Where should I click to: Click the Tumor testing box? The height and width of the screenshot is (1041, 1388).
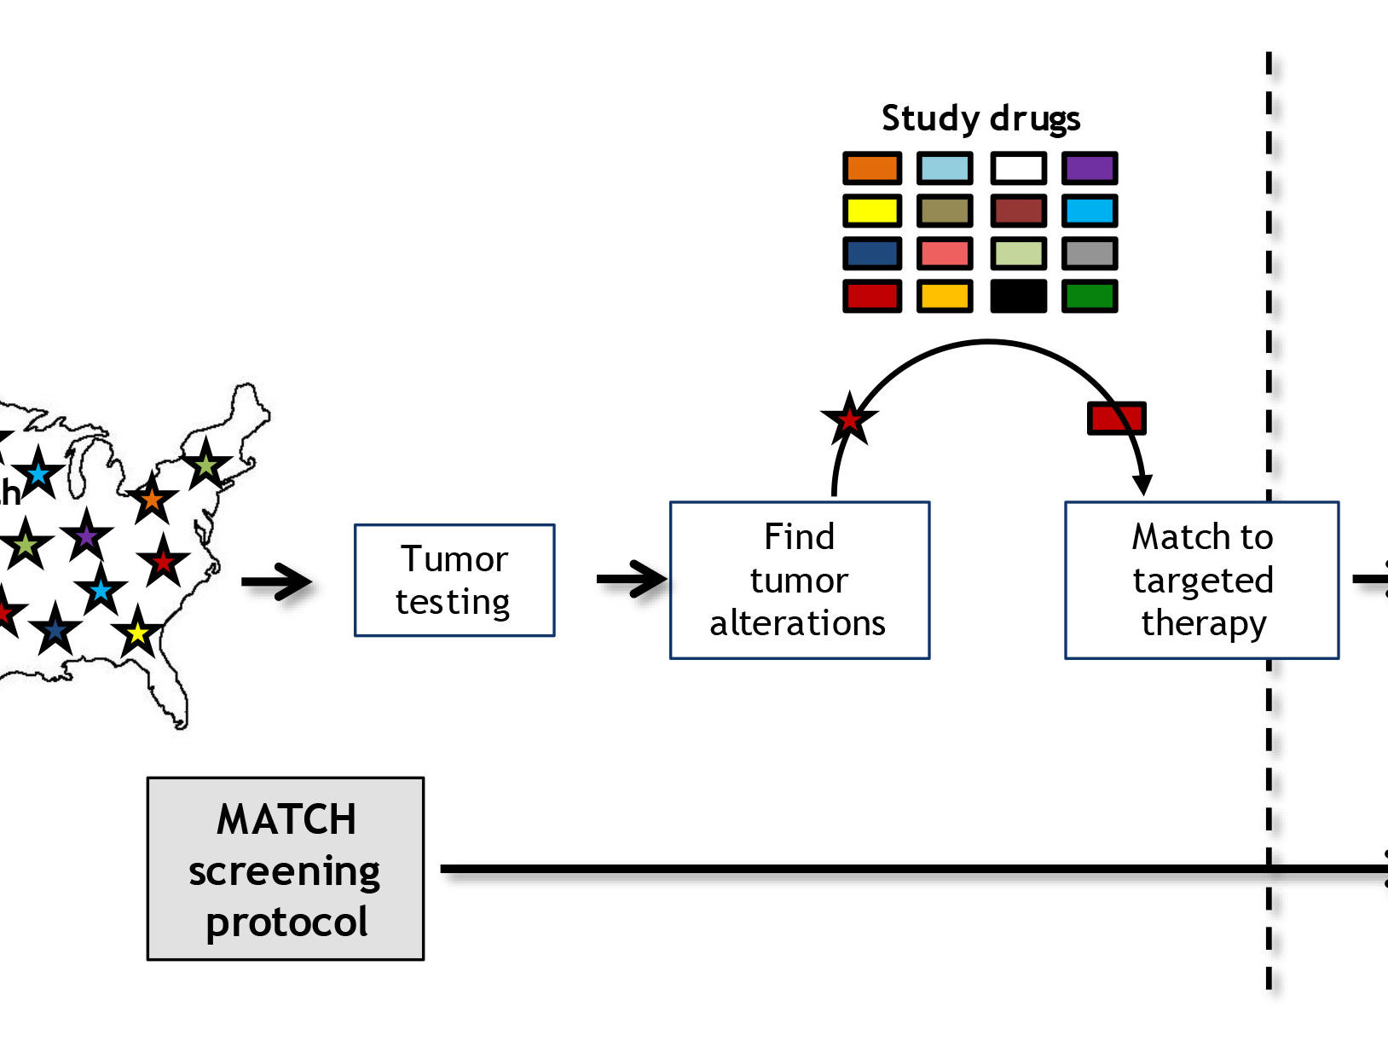454,581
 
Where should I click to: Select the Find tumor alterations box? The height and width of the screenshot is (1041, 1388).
799,580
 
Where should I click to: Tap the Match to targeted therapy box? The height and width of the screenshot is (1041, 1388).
1201,580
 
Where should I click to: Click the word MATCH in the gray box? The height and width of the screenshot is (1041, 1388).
286,819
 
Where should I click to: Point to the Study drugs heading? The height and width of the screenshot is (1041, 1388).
980,119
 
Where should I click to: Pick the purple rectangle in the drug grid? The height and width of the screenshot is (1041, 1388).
1090,168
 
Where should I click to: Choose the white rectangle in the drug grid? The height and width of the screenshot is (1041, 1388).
1018,168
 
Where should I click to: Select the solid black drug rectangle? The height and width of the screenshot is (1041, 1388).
1018,296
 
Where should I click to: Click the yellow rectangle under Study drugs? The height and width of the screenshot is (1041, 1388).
871,211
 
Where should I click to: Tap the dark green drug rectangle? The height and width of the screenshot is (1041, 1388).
1090,296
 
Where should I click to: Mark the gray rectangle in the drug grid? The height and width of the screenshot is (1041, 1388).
1090,253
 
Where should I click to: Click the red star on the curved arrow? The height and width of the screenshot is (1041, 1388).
849,419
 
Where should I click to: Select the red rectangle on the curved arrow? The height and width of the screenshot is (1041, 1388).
1116,418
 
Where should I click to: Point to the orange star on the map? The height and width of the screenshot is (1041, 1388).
152,499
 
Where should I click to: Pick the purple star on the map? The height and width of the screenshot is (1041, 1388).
86,536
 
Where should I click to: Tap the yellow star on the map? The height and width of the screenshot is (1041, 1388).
137,633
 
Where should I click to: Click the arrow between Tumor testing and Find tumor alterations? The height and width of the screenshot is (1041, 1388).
632,580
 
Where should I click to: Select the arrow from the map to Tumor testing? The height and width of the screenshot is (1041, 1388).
277,582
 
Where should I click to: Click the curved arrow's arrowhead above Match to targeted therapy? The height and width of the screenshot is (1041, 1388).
1142,485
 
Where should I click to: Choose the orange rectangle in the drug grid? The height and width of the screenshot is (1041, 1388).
871,168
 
